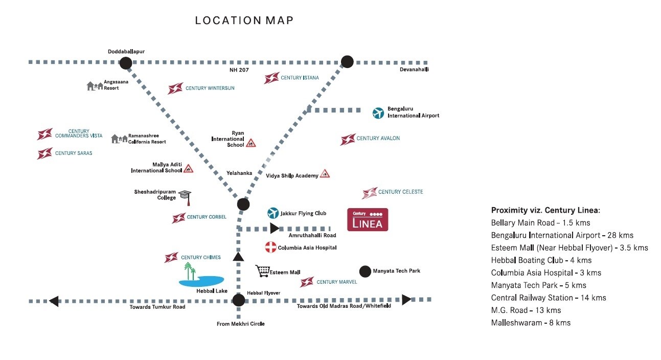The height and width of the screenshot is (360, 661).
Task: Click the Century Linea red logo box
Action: tap(368, 219)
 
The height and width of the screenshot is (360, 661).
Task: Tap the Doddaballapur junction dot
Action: tap(126, 63)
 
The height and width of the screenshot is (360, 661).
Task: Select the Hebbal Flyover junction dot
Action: tap(238, 300)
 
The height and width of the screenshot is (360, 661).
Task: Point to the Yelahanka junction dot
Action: tap(243, 205)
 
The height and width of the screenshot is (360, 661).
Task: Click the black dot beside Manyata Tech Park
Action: tap(365, 271)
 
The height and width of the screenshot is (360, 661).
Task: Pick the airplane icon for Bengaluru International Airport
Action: tap(378, 112)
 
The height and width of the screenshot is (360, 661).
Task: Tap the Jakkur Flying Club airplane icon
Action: tap(273, 213)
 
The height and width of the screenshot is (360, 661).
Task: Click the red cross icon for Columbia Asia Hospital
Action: tap(270, 247)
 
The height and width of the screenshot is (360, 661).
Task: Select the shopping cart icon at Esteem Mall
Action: tap(263, 271)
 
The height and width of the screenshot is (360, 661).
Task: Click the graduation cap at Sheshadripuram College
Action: tap(185, 195)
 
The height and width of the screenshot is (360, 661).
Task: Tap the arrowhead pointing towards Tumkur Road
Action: tap(54, 301)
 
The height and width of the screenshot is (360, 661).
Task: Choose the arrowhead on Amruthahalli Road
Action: tap(275, 228)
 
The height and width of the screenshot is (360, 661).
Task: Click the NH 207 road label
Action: tap(239, 70)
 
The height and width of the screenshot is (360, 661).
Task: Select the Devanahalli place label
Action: tap(414, 70)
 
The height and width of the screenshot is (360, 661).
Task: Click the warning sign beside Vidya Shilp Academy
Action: tap(325, 174)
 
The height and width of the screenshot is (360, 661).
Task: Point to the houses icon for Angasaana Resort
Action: tap(95, 86)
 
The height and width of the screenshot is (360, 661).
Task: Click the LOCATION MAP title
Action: tap(244, 21)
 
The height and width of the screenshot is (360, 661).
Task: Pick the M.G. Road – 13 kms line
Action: tap(526, 310)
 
